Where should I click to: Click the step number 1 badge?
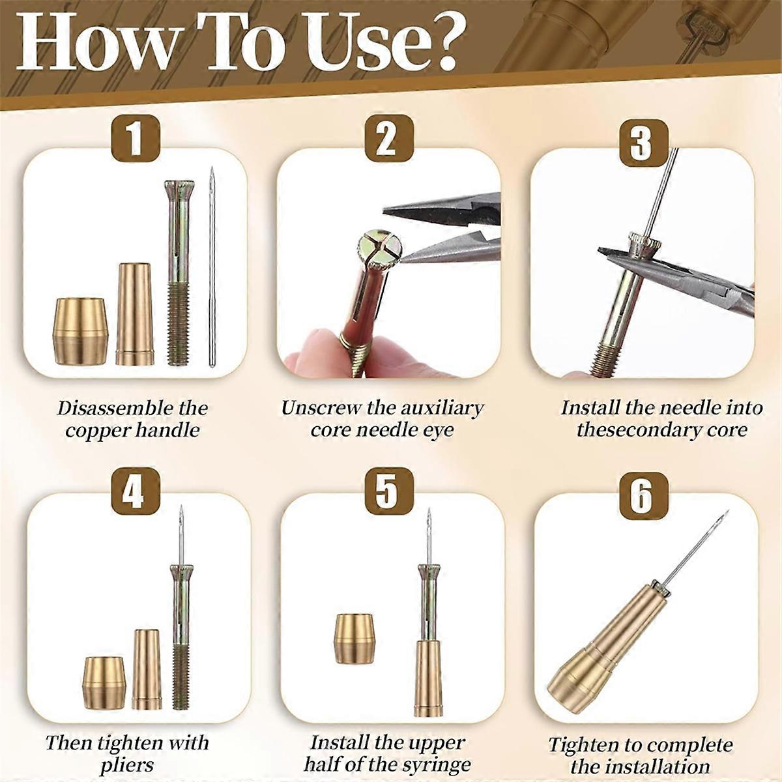135,139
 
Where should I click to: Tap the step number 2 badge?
388,139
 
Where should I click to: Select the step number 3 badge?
641,139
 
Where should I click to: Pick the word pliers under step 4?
126,765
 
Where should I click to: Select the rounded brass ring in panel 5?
355,639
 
